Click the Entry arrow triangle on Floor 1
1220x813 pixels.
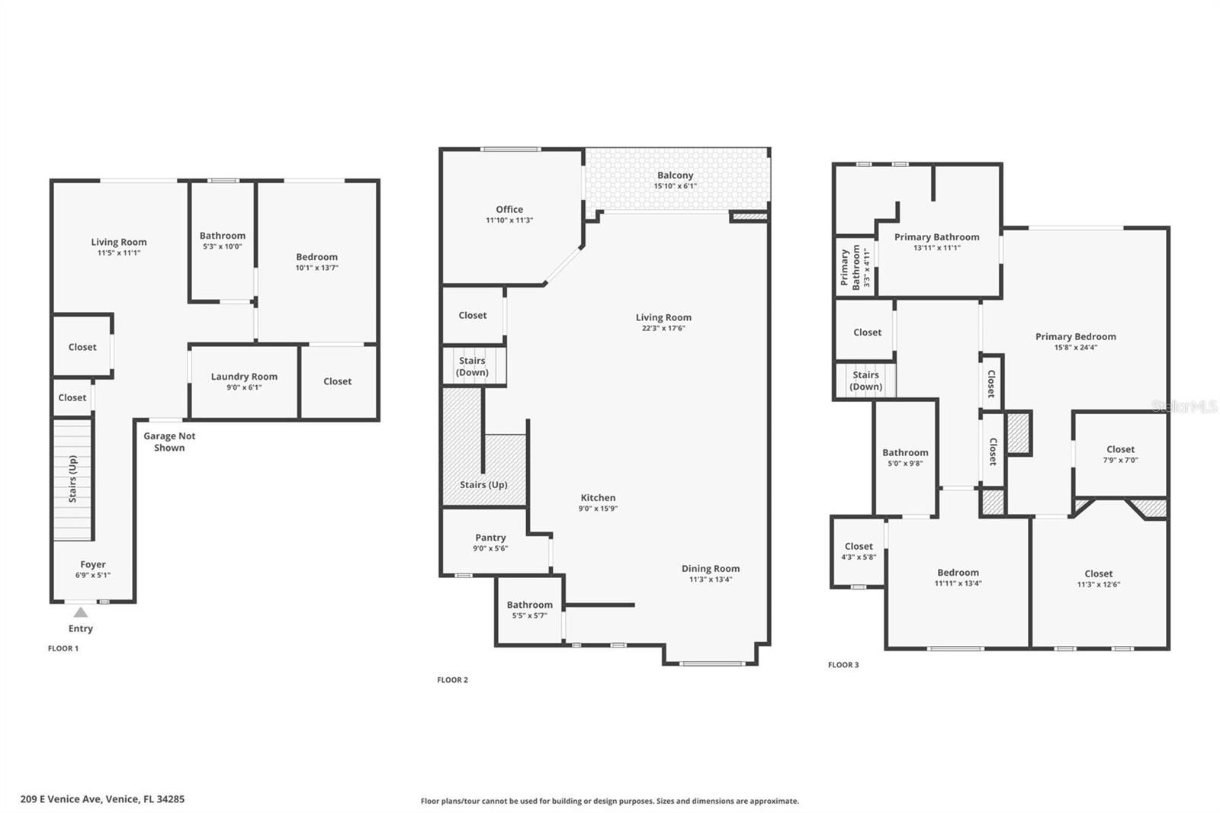[x=81, y=612]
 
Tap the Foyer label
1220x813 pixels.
[x=92, y=564]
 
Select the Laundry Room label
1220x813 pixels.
[x=244, y=377]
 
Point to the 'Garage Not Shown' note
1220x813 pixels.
[x=169, y=442]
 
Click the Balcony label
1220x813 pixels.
[x=676, y=175]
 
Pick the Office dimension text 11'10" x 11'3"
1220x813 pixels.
[x=509, y=220]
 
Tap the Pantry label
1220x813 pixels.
[x=490, y=538]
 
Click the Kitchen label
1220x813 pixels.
[x=598, y=497]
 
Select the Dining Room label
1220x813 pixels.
[x=711, y=568]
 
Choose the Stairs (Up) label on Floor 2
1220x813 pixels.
[x=483, y=485]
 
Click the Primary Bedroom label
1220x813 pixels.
[x=1076, y=337]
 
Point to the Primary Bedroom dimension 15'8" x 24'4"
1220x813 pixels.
[x=1076, y=348]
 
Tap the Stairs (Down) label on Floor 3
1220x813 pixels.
[x=865, y=381]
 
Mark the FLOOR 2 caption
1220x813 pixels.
[x=453, y=680]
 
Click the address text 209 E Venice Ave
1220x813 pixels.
[x=60, y=799]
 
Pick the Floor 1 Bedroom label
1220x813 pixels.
[x=317, y=257]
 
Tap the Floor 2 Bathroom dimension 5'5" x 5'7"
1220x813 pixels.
[x=529, y=615]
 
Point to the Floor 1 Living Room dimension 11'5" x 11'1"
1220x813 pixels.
[x=119, y=253]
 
